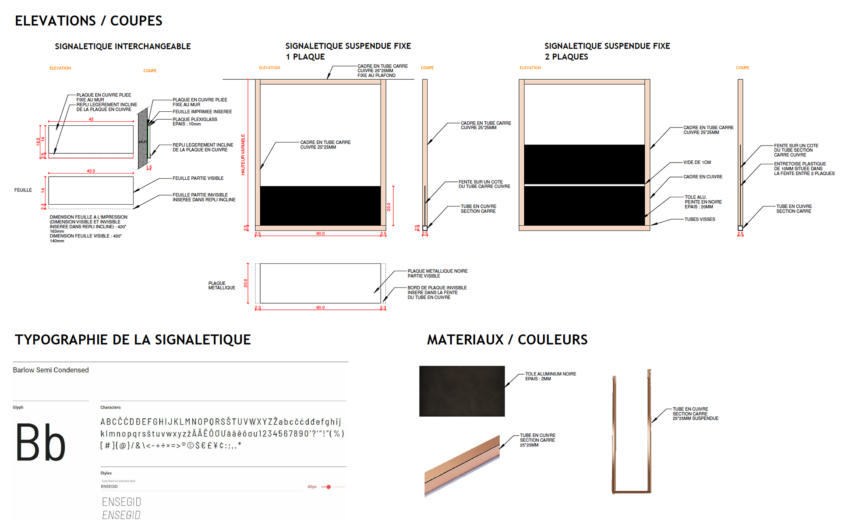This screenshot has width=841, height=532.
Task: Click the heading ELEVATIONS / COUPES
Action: (88, 21)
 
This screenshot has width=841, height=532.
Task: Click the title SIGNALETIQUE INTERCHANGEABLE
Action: (123, 46)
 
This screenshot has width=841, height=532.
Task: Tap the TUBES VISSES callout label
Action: (700, 219)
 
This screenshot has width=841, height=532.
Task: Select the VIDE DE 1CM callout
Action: (697, 162)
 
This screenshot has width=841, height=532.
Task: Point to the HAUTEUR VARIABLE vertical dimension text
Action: (243, 155)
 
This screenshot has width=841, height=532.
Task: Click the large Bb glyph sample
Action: (41, 443)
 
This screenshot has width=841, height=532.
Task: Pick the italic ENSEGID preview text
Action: (121, 515)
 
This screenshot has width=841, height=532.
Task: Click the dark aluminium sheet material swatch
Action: (462, 391)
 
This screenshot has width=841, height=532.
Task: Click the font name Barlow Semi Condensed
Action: (51, 370)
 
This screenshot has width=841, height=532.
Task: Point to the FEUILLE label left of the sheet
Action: (23, 190)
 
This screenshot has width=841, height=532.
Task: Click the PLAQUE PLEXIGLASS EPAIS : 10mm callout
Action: (194, 121)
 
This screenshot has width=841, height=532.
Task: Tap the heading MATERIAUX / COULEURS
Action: (507, 340)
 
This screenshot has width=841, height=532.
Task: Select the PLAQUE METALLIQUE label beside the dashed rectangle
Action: (222, 285)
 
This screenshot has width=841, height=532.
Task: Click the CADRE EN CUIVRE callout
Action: (703, 177)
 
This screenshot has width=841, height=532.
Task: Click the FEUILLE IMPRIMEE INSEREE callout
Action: (202, 112)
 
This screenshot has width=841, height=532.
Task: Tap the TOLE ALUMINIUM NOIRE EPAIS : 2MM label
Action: (550, 376)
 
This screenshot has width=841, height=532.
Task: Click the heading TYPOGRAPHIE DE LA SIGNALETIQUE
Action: (133, 340)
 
